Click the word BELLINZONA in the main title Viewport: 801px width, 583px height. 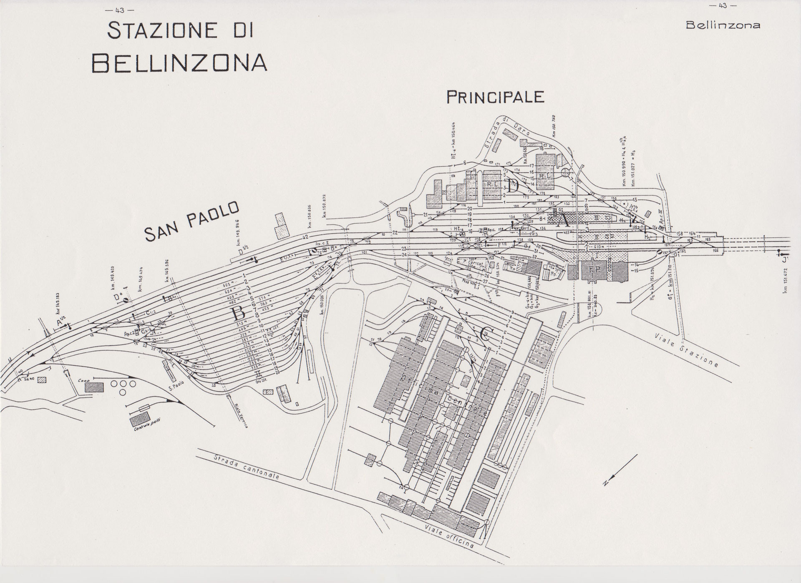179,63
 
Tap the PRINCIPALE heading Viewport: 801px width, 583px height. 496,97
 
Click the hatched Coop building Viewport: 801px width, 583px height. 94,387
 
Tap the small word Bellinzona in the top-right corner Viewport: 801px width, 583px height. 723,25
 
